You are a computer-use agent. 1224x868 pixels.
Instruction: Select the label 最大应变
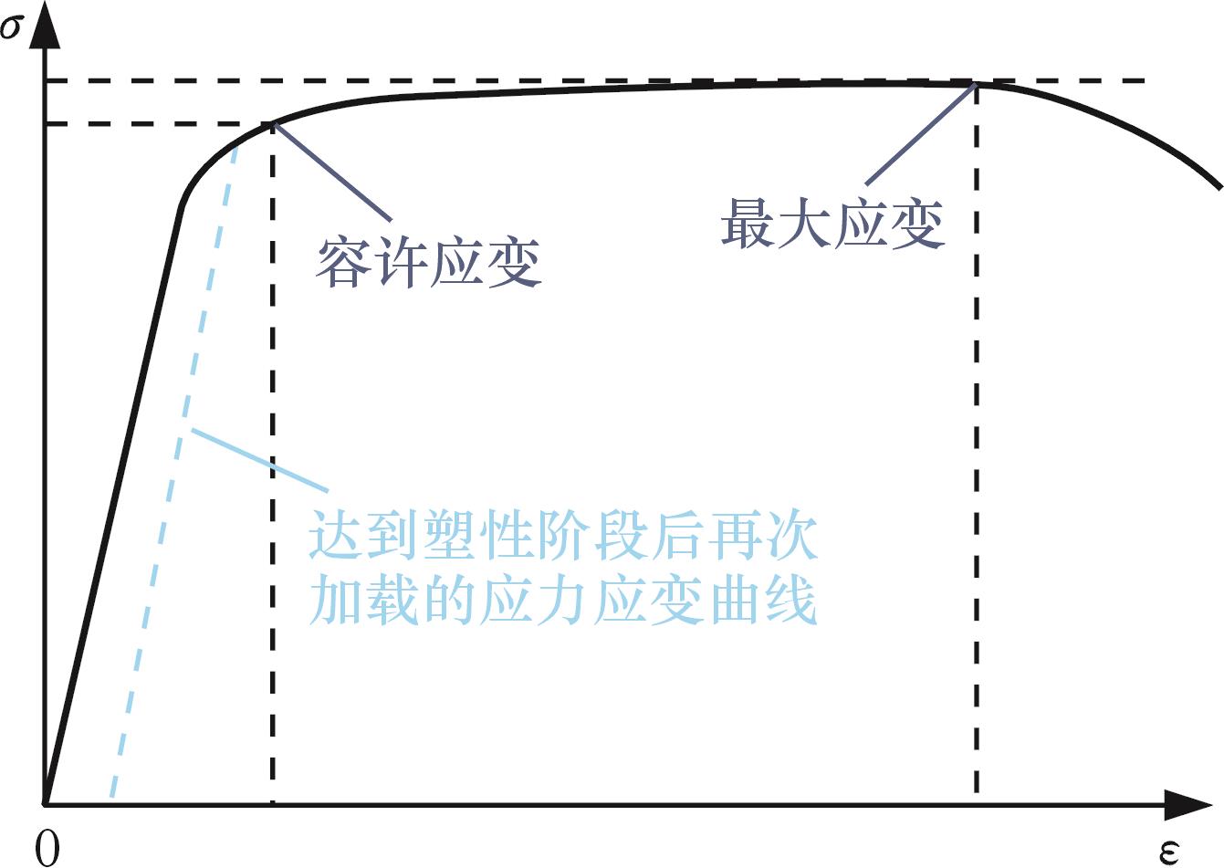832,224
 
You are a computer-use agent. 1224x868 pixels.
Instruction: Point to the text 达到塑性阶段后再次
563,537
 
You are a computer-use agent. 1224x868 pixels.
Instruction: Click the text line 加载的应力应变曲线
563,601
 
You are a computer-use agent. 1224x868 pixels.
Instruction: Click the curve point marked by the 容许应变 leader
273,123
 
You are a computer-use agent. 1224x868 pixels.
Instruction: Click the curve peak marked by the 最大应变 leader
977,84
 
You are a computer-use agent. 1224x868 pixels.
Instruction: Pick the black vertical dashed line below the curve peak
977,456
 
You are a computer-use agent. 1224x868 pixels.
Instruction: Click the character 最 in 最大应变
748,224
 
